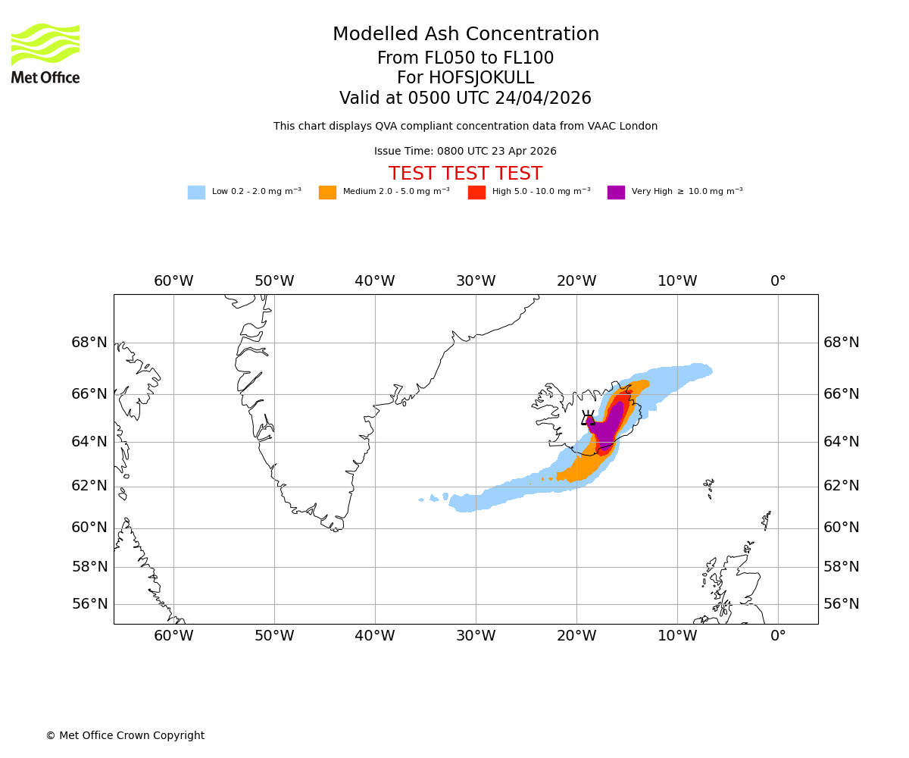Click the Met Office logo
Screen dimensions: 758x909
click(45, 53)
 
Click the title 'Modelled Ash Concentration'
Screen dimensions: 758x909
click(465, 35)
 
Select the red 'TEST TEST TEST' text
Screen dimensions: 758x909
click(465, 174)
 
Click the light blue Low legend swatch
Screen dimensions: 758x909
click(196, 193)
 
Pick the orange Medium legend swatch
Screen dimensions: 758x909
click(327, 193)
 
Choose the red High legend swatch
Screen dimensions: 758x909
click(476, 193)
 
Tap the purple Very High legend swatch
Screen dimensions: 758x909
click(616, 193)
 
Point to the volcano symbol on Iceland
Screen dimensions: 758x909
click(588, 417)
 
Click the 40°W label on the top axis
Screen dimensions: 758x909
click(375, 281)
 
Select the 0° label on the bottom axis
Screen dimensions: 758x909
click(778, 636)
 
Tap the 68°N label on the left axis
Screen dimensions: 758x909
click(89, 343)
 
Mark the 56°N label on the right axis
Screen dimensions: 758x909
click(842, 604)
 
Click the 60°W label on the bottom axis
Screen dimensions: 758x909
click(173, 636)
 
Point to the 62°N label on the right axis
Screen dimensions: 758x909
click(842, 486)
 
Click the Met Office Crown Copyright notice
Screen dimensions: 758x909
click(125, 736)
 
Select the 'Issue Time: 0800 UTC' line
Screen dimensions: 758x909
click(465, 152)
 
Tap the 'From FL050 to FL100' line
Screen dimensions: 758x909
click(465, 58)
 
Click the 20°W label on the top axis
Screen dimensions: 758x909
click(576, 281)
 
